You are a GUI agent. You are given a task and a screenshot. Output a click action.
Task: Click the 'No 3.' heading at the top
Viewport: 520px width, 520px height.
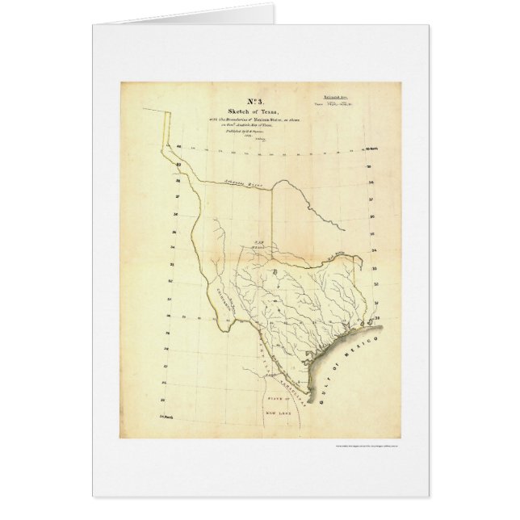tap(240, 99)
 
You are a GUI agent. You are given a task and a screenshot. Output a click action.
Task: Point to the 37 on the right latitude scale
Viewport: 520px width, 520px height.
tap(368, 199)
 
